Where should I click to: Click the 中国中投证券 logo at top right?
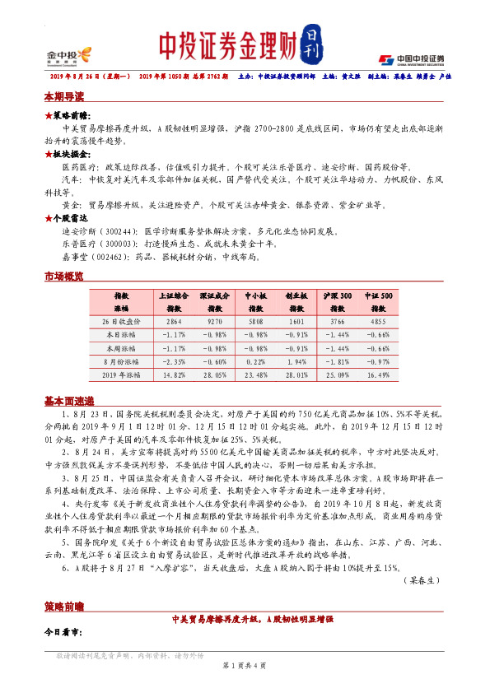(x=411, y=58)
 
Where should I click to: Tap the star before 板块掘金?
(x=47, y=154)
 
